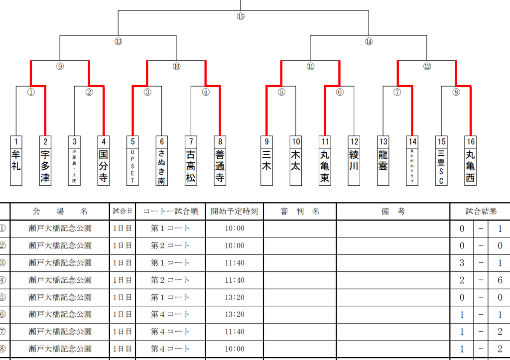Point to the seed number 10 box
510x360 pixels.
[296, 141]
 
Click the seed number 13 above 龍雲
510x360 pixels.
[382, 141]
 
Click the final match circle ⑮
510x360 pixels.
[241, 16]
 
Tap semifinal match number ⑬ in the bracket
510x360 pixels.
[118, 41]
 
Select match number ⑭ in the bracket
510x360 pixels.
[369, 41]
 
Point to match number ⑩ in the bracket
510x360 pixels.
[176, 66]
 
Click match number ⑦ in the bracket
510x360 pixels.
[397, 92]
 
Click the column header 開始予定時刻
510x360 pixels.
[234, 211]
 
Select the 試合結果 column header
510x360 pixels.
[480, 211]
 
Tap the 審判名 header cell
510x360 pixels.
[299, 211]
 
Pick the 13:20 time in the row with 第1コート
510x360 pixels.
[234, 297]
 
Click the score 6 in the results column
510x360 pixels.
[500, 280]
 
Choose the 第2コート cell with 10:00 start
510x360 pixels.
[170, 245]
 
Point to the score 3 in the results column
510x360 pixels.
[462, 263]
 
